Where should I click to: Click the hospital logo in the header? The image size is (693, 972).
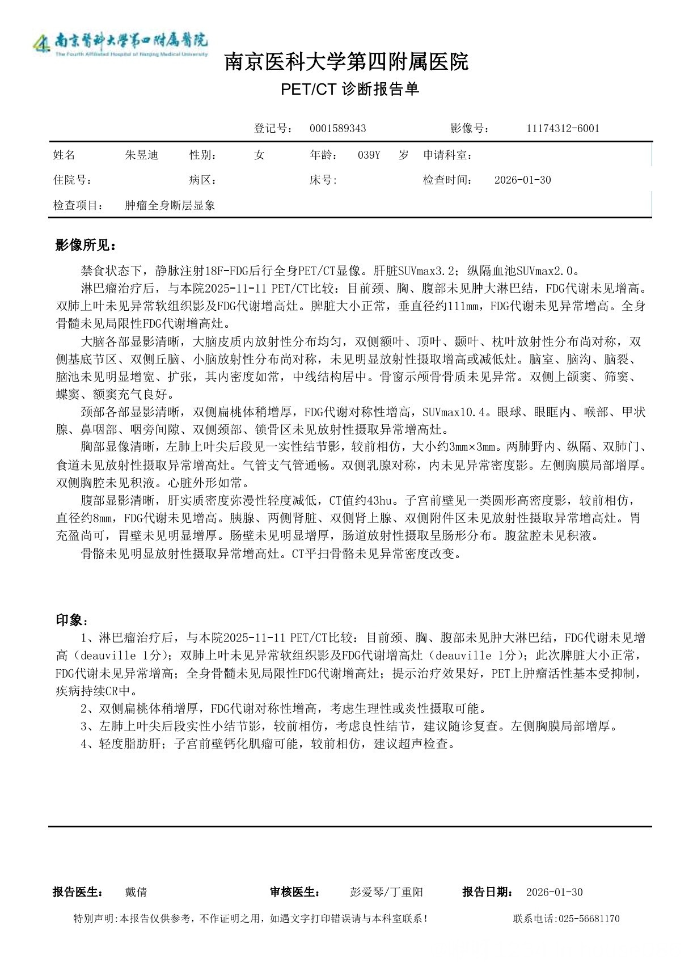click(x=120, y=43)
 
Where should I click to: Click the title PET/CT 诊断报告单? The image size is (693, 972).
click(x=350, y=89)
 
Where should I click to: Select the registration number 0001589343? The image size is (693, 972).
click(x=337, y=128)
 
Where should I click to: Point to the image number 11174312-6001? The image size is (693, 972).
click(x=563, y=128)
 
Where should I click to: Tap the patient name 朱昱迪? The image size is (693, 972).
click(x=141, y=155)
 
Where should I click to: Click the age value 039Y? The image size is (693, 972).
click(x=369, y=155)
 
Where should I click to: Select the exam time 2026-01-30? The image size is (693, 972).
click(x=522, y=180)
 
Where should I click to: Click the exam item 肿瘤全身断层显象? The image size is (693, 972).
click(x=170, y=205)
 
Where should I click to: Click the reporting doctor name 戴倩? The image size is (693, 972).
click(x=136, y=892)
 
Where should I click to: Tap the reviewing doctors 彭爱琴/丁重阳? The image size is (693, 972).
click(x=386, y=892)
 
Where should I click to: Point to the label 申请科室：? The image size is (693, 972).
click(x=448, y=155)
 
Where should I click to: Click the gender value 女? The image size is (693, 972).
click(x=259, y=155)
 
